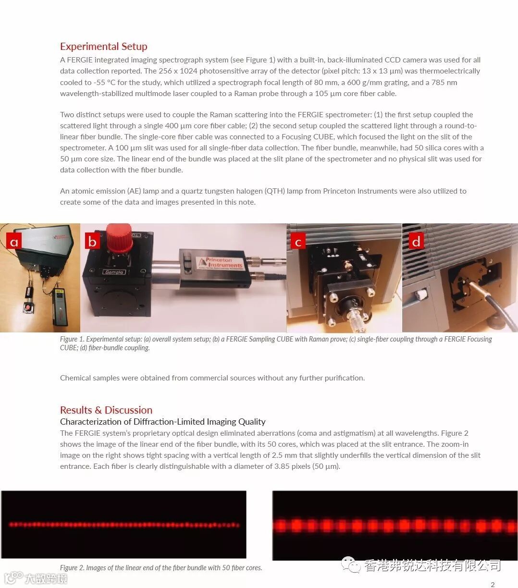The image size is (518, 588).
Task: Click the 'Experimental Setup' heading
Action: point(104,47)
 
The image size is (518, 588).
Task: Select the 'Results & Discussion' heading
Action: point(106,410)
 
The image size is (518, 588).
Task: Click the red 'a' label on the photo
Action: point(14,241)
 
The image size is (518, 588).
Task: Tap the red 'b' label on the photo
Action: point(92,241)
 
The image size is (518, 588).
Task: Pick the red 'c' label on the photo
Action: point(298,241)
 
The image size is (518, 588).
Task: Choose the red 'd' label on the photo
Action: point(416,241)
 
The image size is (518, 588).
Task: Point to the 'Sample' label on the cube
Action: point(114,272)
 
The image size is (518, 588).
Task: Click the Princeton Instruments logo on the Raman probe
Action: point(221,262)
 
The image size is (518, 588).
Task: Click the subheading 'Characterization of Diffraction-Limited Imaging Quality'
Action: point(162,422)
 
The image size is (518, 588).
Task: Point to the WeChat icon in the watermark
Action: point(351,565)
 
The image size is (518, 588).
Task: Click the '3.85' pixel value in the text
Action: point(282,466)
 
